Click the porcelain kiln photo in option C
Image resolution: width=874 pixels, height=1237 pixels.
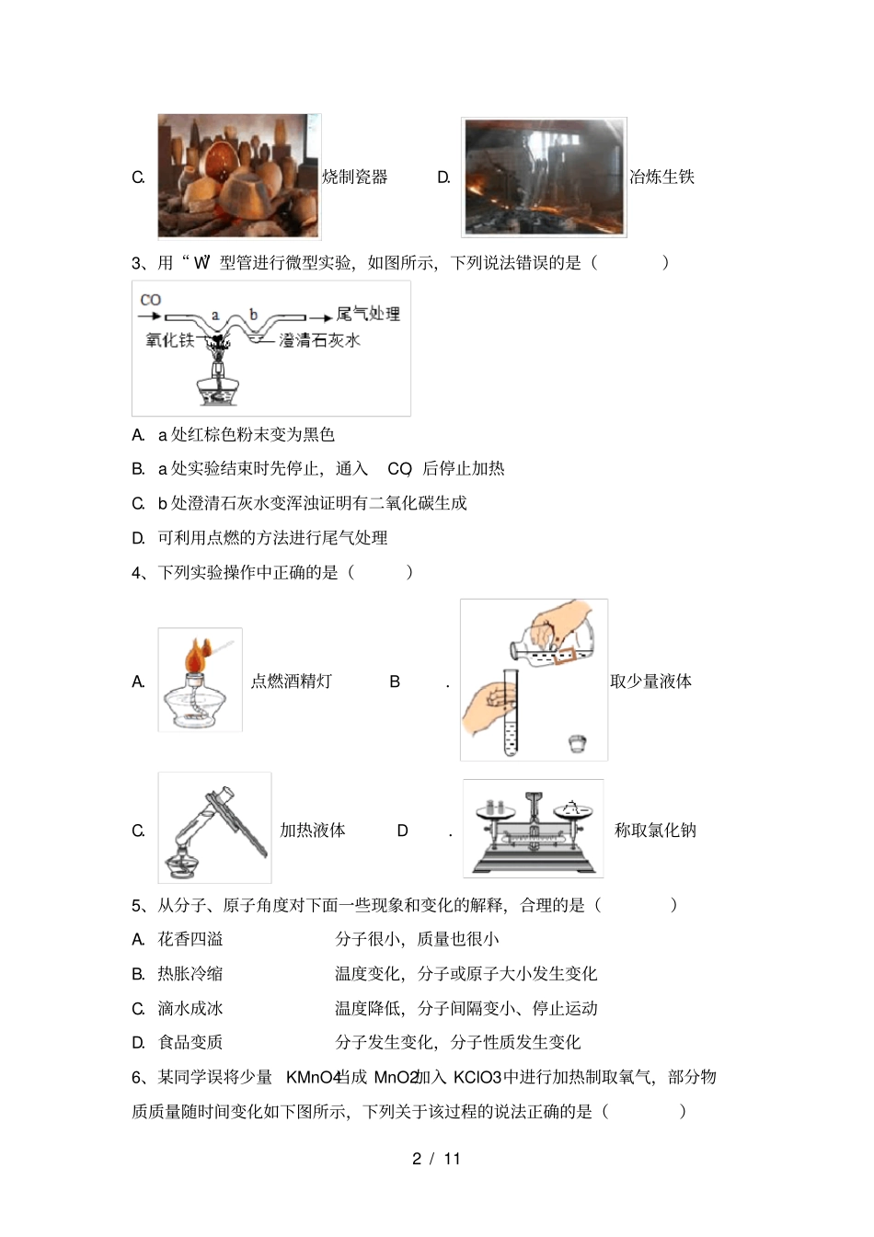click(239, 176)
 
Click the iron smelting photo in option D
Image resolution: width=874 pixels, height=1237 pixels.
click(544, 177)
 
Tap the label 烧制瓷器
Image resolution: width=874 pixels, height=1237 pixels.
click(354, 177)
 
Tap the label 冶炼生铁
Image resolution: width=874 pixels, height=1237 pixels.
click(661, 177)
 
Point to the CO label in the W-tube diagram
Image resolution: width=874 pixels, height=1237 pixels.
click(151, 300)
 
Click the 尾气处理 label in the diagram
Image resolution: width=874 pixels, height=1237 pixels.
click(368, 314)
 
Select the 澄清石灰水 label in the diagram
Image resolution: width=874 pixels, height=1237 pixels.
click(319, 340)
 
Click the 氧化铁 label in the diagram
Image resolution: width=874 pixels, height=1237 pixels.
click(170, 340)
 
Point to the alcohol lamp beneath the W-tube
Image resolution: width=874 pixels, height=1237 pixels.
click(218, 386)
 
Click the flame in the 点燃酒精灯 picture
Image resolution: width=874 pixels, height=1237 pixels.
click(196, 657)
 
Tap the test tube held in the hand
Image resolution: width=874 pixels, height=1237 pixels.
click(511, 713)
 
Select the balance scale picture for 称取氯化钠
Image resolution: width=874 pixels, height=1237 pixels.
click(533, 829)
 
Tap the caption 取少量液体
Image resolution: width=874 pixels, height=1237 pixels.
click(650, 681)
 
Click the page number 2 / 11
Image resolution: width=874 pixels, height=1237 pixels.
click(436, 1159)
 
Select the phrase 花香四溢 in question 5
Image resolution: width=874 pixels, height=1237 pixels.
click(190, 939)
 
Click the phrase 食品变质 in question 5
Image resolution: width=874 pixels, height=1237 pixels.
click(190, 1042)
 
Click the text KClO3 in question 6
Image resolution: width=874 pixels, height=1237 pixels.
click(477, 1077)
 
